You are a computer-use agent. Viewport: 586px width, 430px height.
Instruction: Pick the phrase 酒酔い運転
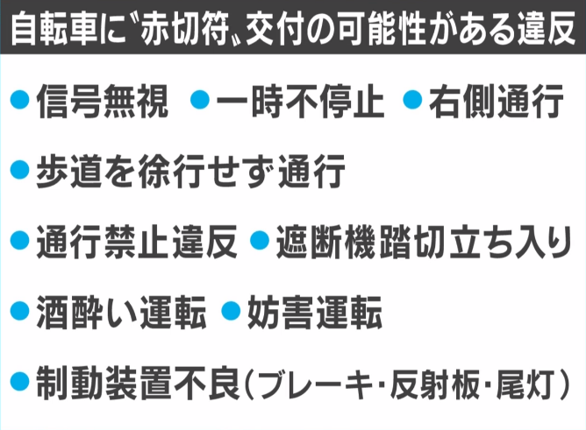(x=122, y=311)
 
